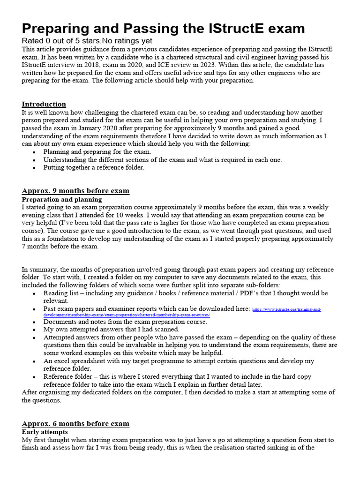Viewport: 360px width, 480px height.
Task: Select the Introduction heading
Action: point(44,104)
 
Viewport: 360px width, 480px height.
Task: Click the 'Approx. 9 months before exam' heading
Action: point(75,191)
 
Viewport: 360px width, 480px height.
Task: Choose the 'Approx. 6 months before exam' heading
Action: point(75,423)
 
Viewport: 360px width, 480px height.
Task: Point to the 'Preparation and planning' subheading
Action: point(58,199)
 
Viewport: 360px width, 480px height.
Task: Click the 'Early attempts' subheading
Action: point(45,432)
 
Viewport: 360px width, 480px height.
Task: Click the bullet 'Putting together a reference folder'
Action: point(94,167)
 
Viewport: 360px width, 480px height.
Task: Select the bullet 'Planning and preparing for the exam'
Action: point(97,152)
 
